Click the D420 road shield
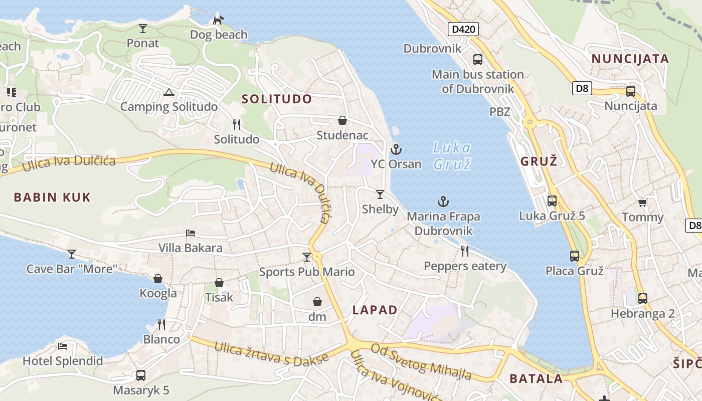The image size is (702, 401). click(x=463, y=29)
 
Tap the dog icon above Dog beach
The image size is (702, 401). click(x=219, y=20)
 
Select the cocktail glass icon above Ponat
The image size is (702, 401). click(x=143, y=28)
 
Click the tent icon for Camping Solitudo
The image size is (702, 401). click(x=168, y=92)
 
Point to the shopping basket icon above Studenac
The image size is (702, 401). click(x=342, y=120)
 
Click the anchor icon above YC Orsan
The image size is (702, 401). click(x=396, y=149)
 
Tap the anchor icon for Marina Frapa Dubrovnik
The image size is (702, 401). click(x=443, y=202)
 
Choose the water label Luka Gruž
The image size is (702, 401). click(x=452, y=155)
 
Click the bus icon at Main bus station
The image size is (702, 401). click(x=478, y=60)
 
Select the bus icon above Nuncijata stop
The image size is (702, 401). click(x=631, y=91)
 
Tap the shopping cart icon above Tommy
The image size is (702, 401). click(x=642, y=203)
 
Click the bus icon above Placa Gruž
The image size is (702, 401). click(x=575, y=256)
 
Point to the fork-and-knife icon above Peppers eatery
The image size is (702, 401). click(x=465, y=251)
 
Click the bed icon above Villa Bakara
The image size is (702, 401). click(x=191, y=233)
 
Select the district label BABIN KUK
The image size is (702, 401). click(x=52, y=197)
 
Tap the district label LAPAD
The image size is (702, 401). click(x=375, y=310)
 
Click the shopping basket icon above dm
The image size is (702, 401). click(x=317, y=301)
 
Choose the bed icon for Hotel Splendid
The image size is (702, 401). click(x=63, y=346)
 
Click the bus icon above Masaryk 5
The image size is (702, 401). click(x=141, y=375)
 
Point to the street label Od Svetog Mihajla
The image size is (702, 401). click(x=421, y=361)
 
